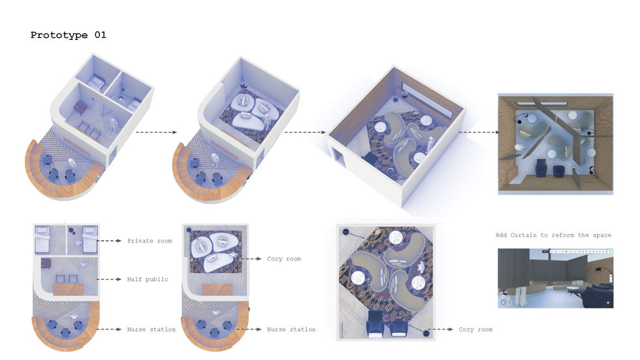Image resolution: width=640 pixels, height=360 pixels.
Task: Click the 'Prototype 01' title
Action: click(x=68, y=35)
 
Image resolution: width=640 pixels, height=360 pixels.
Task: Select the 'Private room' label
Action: click(x=150, y=241)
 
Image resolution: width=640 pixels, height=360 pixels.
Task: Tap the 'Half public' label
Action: click(x=148, y=279)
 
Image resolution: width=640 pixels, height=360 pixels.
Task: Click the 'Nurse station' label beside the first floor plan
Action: click(x=151, y=329)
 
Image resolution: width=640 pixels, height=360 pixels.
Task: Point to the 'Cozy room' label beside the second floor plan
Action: click(x=283, y=259)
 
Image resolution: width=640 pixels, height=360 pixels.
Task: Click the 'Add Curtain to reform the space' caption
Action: click(x=553, y=235)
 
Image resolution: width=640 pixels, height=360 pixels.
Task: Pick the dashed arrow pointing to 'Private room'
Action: click(x=109, y=241)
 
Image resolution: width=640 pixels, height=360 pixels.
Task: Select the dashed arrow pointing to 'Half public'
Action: click(x=109, y=279)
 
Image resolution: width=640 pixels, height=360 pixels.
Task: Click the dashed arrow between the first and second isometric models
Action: click(x=156, y=132)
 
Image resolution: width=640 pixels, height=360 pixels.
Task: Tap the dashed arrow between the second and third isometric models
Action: click(x=306, y=132)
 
